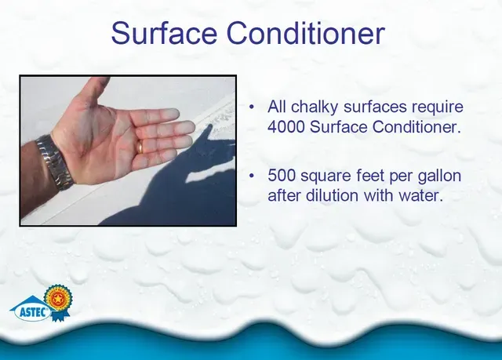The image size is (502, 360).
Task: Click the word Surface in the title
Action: tap(164, 33)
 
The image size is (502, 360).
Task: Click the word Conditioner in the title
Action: tap(306, 33)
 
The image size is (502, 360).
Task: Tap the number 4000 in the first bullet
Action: tap(286, 127)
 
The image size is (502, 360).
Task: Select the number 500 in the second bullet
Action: tap(281, 176)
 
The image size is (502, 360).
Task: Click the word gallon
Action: tap(439, 176)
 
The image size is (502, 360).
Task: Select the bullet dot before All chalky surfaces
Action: tap(252, 107)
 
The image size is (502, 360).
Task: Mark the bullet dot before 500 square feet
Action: tap(252, 176)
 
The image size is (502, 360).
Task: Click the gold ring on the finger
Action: tap(140, 147)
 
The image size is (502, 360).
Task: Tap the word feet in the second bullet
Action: tap(364, 176)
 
